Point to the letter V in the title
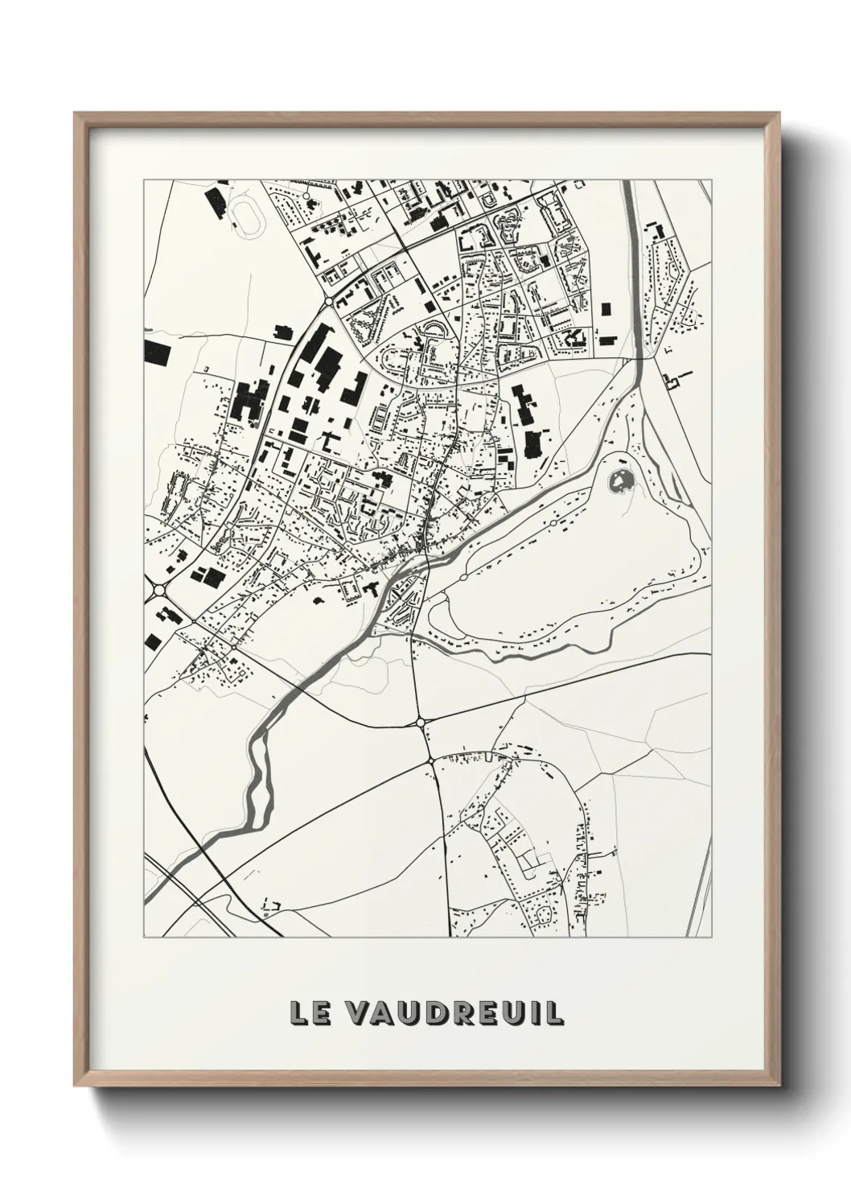click(347, 1013)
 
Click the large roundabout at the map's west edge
click(158, 591)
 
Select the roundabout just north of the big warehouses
click(330, 301)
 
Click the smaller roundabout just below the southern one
click(432, 759)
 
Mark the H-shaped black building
click(250, 399)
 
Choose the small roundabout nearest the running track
click(306, 196)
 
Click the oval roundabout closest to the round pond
click(553, 523)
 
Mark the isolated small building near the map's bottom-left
click(270, 905)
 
